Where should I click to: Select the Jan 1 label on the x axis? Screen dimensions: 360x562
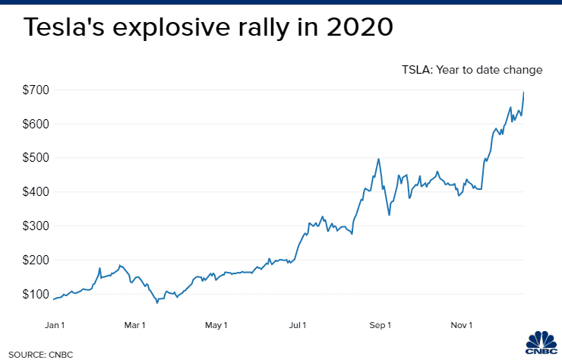54,326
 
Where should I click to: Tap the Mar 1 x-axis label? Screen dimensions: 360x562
134,326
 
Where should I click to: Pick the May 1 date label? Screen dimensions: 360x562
216,326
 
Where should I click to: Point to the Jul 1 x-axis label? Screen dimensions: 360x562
298,326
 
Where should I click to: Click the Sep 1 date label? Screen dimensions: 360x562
379,326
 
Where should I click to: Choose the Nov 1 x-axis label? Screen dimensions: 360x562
461,326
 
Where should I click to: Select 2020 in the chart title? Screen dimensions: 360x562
358,28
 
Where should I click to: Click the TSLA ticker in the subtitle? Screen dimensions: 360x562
417,70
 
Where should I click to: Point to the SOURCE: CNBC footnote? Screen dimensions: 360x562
37,353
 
